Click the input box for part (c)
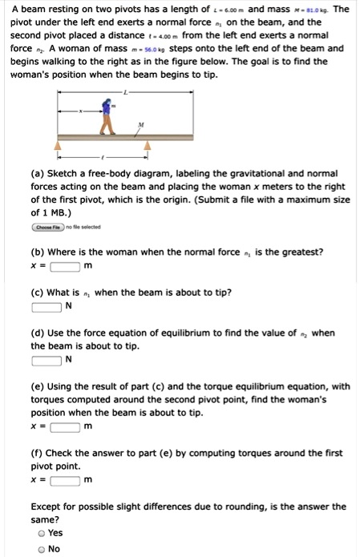[47, 306]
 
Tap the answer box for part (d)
[47, 359]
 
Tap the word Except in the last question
[48, 507]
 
